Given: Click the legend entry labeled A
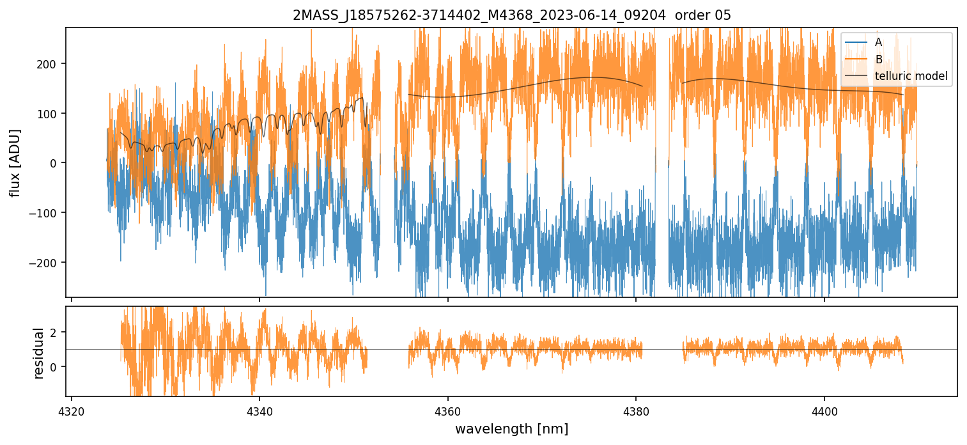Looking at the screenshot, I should (878, 42).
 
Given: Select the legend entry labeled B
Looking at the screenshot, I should (878, 59).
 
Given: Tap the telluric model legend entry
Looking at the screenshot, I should (911, 77).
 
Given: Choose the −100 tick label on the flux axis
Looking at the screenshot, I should (46, 213).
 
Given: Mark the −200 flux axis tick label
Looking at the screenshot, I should (46, 263).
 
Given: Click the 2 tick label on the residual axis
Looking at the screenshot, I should (54, 332).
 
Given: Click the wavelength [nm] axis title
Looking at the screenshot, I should (511, 428).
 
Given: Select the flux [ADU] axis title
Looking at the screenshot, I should (15, 162).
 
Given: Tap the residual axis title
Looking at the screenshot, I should (39, 353).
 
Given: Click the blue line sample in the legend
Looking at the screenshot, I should (856, 42).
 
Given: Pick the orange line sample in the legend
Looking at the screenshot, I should (856, 59).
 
